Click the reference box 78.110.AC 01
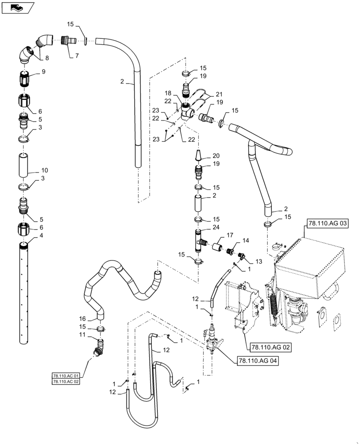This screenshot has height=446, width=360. tap(65, 376)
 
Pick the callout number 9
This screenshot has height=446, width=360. tap(43, 71)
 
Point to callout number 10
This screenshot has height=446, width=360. tap(45, 170)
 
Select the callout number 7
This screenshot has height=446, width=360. tap(76, 55)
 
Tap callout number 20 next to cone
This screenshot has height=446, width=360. tap(216, 156)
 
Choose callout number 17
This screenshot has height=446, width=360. tap(230, 235)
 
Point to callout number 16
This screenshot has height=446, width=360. tap(82, 319)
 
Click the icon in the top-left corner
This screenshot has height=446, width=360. tap(17, 7)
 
